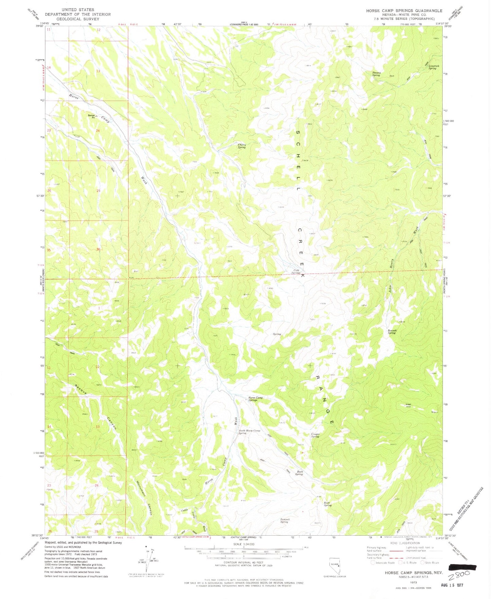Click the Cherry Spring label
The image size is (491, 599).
(241, 146)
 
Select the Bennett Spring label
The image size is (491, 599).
(392, 331)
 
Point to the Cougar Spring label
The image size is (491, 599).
(315, 435)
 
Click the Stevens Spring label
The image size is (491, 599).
(376, 73)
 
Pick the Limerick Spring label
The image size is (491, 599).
(432, 67)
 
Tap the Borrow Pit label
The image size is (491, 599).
(91, 116)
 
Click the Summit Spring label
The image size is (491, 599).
(284, 520)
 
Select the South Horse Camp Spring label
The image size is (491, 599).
(249, 432)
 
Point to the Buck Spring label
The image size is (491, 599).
(299, 473)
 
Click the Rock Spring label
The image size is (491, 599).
(327, 504)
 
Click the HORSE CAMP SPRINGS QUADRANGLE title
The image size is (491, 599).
(404, 11)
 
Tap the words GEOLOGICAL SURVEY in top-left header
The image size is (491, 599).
(78, 19)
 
